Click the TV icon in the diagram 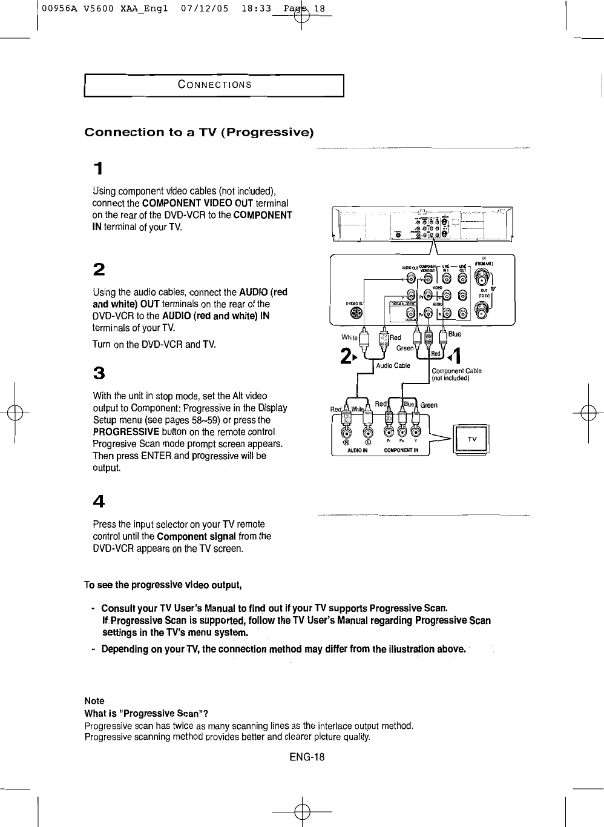click(x=473, y=439)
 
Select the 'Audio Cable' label click(x=393, y=365)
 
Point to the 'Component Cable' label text click(x=456, y=371)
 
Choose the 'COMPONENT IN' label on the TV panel click(x=405, y=451)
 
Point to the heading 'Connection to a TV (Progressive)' click(x=199, y=132)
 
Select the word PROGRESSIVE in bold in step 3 click(x=126, y=432)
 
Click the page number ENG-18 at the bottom click(x=307, y=757)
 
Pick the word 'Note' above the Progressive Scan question click(x=94, y=700)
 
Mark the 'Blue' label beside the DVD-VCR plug click(x=455, y=334)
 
